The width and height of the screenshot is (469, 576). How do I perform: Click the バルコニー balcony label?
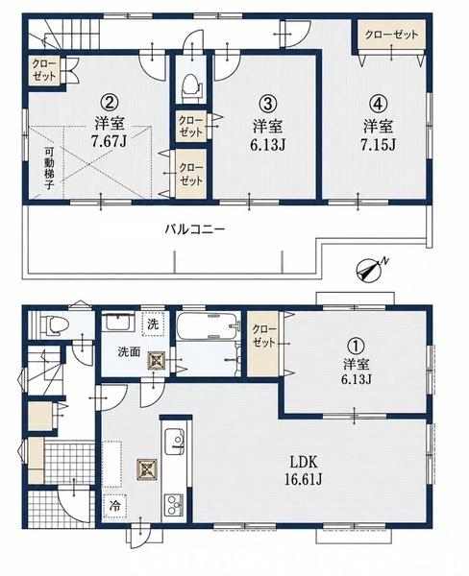[194, 229]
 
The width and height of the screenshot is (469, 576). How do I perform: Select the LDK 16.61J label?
[304, 470]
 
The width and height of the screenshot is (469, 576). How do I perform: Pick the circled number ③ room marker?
[268, 104]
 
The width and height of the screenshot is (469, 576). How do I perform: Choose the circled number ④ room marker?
[378, 104]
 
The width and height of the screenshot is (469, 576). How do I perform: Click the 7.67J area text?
[110, 141]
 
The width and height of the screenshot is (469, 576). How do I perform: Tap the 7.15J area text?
[379, 145]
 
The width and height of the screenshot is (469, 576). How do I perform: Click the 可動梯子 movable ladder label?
[50, 168]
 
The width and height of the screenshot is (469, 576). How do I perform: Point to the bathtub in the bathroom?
[209, 326]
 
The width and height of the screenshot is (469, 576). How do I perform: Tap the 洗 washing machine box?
[153, 324]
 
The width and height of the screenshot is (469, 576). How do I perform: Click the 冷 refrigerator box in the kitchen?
[115, 506]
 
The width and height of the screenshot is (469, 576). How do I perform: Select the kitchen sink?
[174, 442]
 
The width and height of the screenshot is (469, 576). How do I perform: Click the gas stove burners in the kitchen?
[174, 506]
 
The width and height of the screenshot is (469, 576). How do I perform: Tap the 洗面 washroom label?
[129, 352]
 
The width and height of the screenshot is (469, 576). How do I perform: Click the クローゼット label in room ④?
[391, 35]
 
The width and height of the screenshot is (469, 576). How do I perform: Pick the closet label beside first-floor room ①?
[263, 336]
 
